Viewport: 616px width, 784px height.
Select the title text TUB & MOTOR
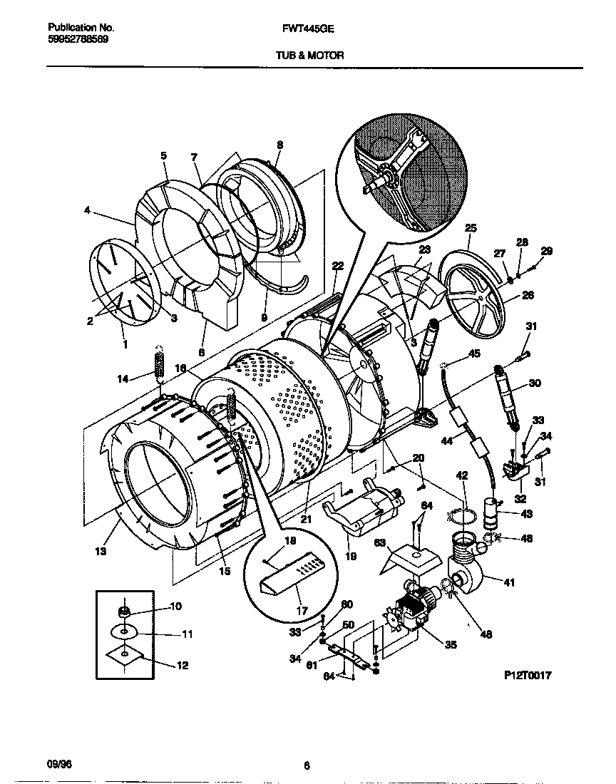click(309, 55)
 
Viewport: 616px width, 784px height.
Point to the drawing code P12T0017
click(528, 675)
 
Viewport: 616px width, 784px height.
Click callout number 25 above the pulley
click(470, 228)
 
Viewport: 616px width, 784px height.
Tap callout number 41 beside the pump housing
click(508, 582)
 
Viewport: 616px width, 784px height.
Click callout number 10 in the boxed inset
click(175, 607)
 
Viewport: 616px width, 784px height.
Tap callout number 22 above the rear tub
click(338, 266)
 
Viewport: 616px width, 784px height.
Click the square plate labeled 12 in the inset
click(125, 656)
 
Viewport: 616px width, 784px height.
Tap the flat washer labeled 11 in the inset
click(125, 631)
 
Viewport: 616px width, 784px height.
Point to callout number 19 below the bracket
click(351, 557)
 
